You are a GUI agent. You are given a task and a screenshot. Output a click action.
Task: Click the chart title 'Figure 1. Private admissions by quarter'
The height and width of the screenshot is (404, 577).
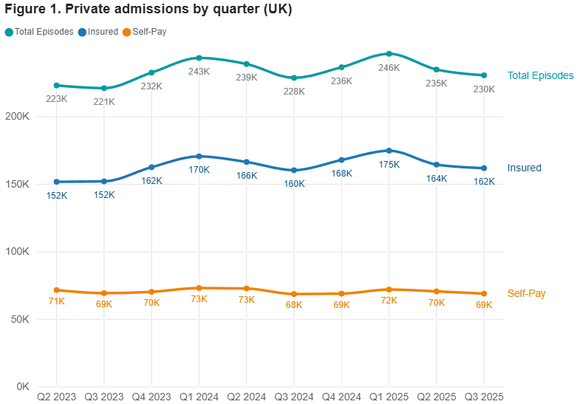click(x=148, y=10)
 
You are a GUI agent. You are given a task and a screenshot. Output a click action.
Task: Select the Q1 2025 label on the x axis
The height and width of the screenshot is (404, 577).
click(x=389, y=397)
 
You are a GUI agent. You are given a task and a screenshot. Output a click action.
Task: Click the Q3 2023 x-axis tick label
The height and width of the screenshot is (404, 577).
click(x=104, y=397)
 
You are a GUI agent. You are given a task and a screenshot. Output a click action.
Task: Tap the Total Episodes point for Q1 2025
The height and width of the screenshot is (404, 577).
click(x=389, y=54)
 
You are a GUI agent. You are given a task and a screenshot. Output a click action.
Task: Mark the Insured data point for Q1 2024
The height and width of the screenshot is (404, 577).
click(x=199, y=156)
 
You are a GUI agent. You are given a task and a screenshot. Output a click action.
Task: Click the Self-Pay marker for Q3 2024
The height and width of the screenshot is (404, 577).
click(x=294, y=294)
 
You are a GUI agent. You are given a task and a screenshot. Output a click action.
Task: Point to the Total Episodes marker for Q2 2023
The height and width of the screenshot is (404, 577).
click(x=57, y=86)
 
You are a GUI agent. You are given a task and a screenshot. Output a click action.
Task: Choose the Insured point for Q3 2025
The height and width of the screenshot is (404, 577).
click(x=484, y=168)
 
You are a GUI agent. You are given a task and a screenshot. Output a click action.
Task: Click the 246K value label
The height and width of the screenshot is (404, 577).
click(x=389, y=68)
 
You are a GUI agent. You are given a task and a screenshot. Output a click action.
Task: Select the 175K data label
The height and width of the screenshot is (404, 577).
click(x=389, y=165)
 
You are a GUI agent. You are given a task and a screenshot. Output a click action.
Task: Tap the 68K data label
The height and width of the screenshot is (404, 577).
click(x=294, y=305)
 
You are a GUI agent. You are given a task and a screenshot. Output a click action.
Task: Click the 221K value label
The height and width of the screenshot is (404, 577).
click(x=104, y=102)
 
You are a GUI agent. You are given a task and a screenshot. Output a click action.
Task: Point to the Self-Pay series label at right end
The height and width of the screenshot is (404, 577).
click(x=527, y=293)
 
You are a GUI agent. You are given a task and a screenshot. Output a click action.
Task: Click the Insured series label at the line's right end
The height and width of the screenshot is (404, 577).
click(x=525, y=168)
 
